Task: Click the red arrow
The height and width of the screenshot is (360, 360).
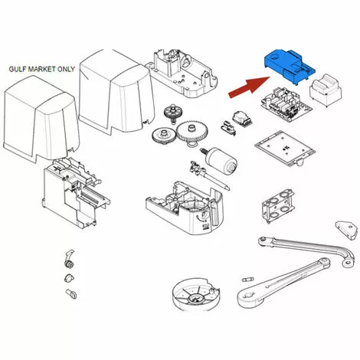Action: [x=250, y=87]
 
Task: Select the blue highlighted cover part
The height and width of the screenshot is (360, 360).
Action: [x=290, y=66]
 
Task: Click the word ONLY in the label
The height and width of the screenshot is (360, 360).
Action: [x=66, y=69]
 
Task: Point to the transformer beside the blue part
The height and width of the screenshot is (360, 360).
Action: [x=326, y=90]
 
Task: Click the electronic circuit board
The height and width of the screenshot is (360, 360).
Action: [x=286, y=105]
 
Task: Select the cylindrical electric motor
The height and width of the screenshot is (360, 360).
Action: [x=220, y=159]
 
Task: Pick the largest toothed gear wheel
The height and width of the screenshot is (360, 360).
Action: [x=192, y=132]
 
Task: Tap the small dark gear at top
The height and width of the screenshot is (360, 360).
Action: [x=172, y=113]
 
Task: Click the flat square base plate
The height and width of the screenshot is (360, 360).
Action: [x=285, y=148]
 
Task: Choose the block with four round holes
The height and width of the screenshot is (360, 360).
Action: [x=278, y=206]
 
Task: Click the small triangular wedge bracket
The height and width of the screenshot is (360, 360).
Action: [x=346, y=230]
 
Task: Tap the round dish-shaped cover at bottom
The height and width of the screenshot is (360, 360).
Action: [x=195, y=295]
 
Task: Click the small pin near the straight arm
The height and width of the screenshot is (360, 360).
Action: [x=247, y=279]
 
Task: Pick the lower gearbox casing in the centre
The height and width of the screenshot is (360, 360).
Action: [x=185, y=207]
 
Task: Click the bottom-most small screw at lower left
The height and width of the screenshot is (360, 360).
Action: [x=71, y=294]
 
